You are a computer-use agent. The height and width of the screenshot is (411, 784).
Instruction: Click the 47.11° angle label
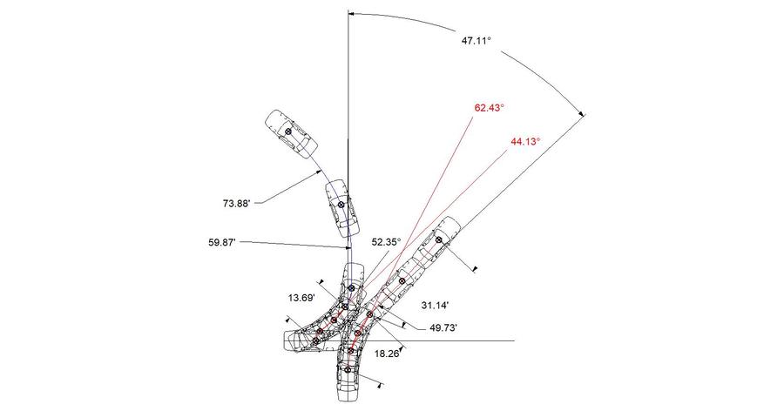(x=476, y=41)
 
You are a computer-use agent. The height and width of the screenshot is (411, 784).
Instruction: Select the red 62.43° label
(x=489, y=108)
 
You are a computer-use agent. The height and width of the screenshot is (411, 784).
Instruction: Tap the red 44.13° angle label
(x=525, y=142)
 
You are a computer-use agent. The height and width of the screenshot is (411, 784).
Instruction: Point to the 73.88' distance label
(x=236, y=203)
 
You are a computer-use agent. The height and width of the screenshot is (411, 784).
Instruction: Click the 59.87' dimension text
(x=222, y=242)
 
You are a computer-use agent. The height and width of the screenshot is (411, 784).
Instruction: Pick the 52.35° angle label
(x=387, y=242)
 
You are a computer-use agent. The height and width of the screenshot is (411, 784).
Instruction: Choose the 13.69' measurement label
(x=301, y=298)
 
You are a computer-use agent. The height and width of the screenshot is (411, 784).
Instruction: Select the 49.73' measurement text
(x=443, y=328)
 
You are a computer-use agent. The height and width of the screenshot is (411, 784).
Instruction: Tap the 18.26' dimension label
(x=387, y=354)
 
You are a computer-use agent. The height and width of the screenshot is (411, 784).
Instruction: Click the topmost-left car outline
(x=291, y=134)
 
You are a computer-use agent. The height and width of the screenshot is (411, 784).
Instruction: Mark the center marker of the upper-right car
(x=438, y=240)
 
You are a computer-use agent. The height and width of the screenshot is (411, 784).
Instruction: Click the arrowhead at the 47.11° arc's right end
(x=582, y=114)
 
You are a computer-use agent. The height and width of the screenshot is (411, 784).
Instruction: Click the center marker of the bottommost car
(x=348, y=370)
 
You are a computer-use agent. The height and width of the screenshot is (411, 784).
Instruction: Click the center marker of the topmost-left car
(x=288, y=131)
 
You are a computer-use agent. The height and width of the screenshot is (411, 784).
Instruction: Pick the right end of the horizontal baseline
(x=515, y=341)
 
